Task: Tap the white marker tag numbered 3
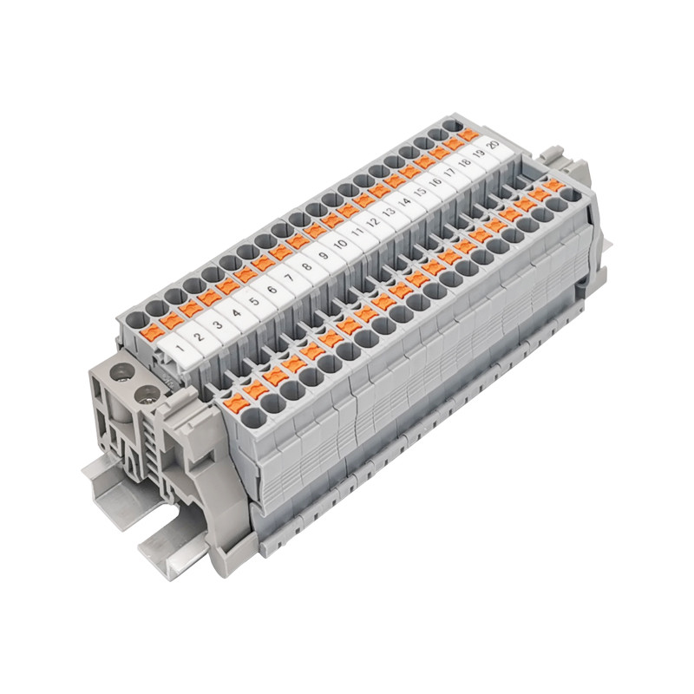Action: (x=218, y=327)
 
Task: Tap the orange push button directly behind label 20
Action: (x=468, y=134)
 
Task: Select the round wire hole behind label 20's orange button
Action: (x=452, y=127)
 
